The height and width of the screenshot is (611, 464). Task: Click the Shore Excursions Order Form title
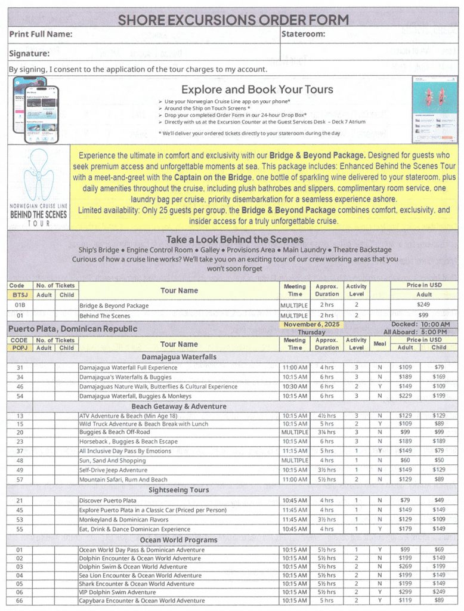pos(233,19)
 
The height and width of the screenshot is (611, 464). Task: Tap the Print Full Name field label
pos(41,35)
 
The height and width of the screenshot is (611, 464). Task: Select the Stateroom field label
pos(303,34)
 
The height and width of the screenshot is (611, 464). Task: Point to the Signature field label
pos(29,54)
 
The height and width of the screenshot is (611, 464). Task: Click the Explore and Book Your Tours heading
pos(257,90)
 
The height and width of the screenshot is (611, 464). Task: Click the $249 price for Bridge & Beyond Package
pos(423,304)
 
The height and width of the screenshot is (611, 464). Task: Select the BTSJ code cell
pos(20,295)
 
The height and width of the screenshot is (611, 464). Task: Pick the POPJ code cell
pos(20,348)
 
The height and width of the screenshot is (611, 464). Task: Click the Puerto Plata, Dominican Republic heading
pos(73,329)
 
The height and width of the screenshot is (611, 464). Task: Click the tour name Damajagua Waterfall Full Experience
pos(128,368)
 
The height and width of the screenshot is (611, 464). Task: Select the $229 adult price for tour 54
pos(406,396)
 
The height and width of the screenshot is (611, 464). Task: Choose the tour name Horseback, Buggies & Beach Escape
pos(128,442)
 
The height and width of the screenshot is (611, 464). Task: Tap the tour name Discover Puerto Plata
pos(108,501)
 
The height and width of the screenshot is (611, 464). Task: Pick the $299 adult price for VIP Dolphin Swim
pos(406,592)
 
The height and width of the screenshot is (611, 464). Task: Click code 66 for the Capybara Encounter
pos(20,601)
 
